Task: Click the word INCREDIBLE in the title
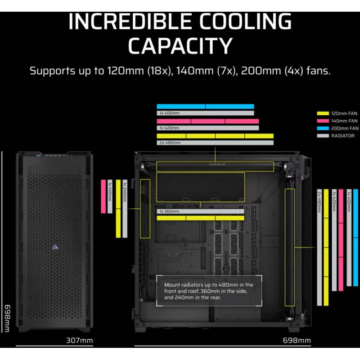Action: point(130,21)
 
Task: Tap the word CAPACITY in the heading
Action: point(180,46)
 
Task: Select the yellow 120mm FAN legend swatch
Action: point(323,113)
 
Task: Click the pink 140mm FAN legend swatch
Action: point(323,121)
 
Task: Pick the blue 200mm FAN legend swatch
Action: point(323,128)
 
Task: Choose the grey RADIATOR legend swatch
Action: point(323,136)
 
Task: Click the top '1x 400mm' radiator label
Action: point(170,113)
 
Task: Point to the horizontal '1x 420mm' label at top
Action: point(169,128)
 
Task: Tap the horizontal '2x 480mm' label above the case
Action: point(170,143)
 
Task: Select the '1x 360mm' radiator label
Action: point(169,211)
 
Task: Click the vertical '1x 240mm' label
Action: point(125,192)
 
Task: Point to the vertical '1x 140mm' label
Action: point(110,192)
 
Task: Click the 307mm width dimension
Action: point(80,340)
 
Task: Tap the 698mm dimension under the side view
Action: point(297,340)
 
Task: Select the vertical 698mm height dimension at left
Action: point(7,318)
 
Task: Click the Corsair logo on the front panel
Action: point(55,247)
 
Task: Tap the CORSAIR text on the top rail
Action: point(217,164)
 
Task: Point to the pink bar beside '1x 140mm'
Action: point(103,197)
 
